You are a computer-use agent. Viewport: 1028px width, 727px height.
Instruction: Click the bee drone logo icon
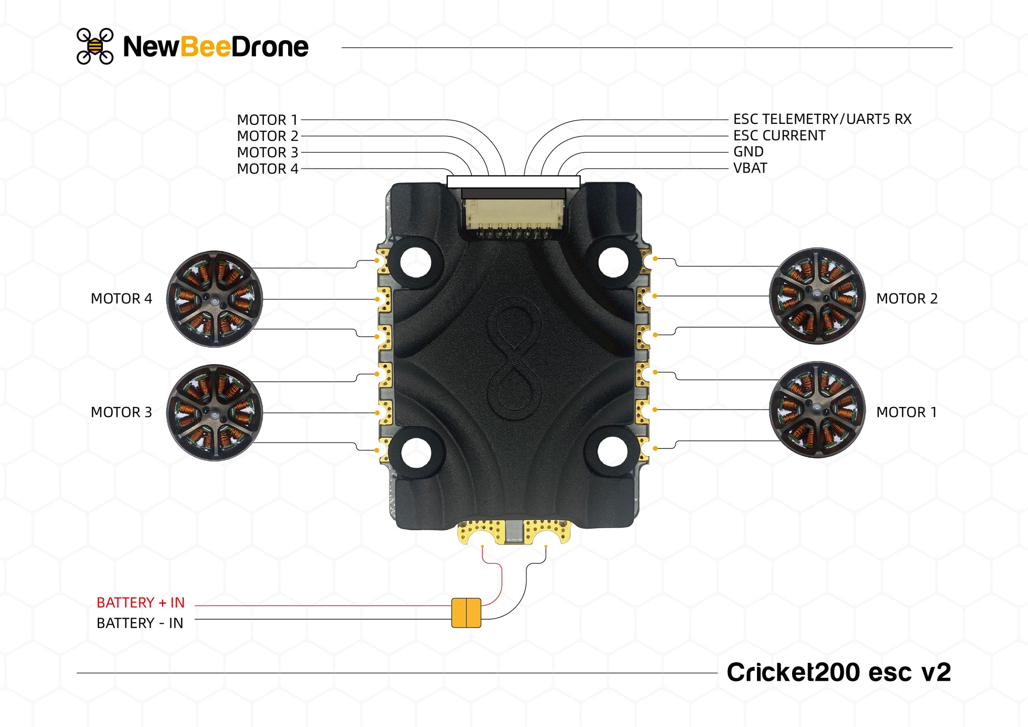click(95, 46)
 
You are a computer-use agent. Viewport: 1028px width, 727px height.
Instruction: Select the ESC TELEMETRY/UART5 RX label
click(822, 119)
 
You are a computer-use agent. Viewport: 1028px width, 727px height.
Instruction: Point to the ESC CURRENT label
click(779, 135)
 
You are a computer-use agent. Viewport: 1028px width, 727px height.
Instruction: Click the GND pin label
click(748, 152)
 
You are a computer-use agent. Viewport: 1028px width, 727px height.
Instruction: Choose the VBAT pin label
click(750, 168)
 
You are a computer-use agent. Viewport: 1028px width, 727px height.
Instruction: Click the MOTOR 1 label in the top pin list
click(267, 120)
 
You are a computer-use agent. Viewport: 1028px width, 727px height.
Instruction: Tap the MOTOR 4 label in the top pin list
click(267, 169)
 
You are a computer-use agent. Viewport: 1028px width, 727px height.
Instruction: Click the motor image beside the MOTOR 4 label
click(214, 299)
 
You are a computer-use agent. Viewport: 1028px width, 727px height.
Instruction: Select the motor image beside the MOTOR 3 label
click(214, 412)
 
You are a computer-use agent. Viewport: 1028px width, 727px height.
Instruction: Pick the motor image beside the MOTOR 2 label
click(817, 296)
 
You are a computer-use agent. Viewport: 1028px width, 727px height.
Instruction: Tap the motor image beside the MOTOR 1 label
click(817, 409)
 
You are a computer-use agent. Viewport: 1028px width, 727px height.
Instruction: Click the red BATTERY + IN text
click(141, 603)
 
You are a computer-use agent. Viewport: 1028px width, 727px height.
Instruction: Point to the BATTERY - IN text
click(140, 623)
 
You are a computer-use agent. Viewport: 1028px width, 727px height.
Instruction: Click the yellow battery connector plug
click(466, 613)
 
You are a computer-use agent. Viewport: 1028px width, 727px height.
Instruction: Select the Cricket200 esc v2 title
click(838, 672)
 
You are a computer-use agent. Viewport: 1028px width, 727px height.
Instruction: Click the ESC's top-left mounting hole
click(416, 262)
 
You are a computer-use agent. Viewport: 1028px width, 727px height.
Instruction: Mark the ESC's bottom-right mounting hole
click(612, 451)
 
